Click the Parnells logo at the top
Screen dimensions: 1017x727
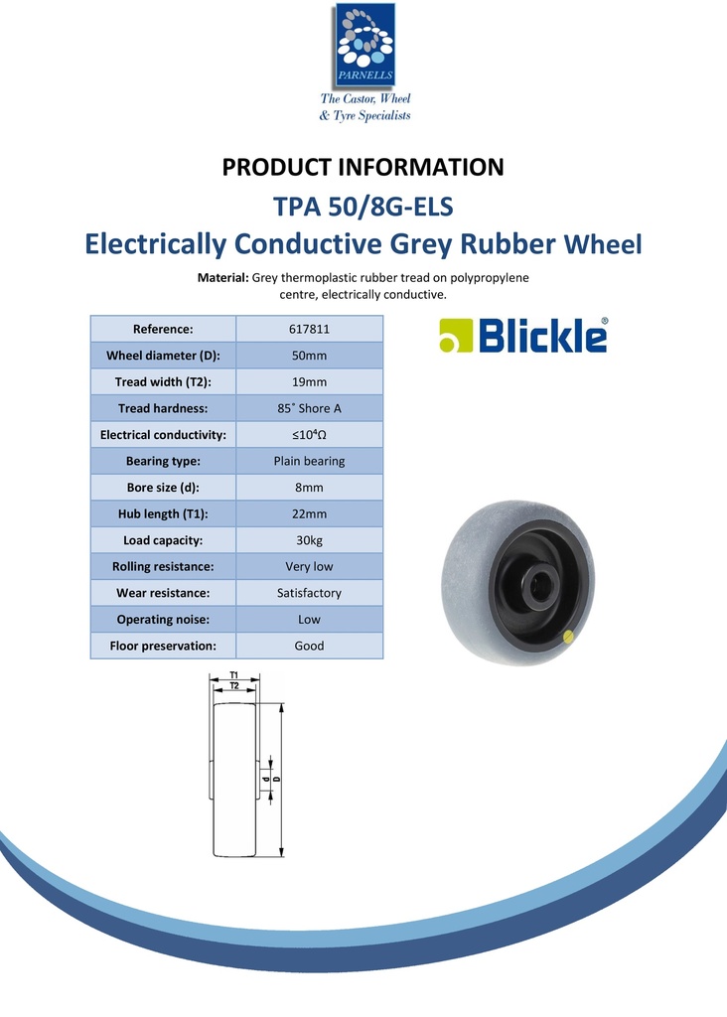coord(363,46)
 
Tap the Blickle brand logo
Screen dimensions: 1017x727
coord(523,336)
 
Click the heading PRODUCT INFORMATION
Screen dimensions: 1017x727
coord(363,167)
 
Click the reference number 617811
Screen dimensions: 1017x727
coord(309,330)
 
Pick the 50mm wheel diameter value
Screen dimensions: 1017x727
coord(309,356)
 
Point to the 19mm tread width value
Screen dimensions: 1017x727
coord(309,382)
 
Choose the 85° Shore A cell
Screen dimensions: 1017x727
coord(309,408)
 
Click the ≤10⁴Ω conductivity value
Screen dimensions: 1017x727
coord(309,435)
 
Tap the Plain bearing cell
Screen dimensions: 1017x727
coord(309,461)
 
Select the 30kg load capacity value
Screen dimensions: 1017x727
coord(309,540)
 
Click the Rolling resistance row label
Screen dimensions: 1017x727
coord(163,566)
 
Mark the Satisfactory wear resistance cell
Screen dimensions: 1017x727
coord(309,593)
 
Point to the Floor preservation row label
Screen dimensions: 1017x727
coord(163,646)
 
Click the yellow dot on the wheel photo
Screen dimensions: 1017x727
coord(567,637)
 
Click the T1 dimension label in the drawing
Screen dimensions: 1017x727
coord(233,676)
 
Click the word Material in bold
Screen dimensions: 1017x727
coord(222,278)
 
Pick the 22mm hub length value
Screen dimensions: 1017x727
coord(309,513)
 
